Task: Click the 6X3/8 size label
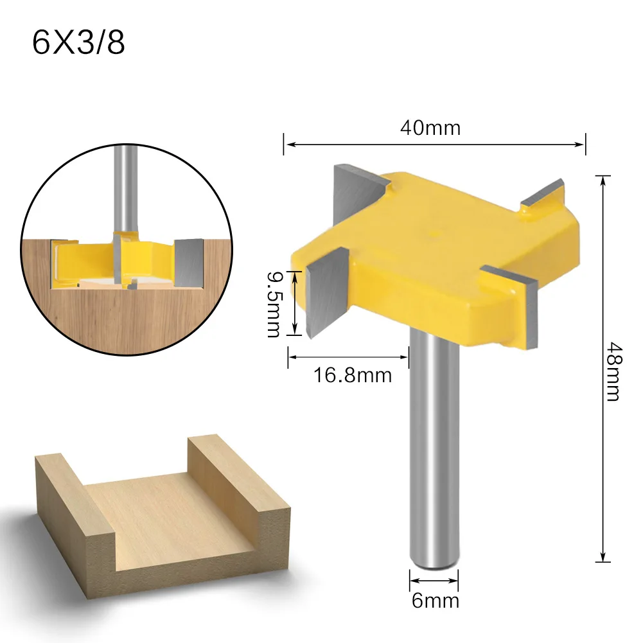(78, 43)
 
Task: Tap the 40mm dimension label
(430, 128)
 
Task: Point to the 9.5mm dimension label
(274, 304)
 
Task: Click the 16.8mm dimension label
(353, 374)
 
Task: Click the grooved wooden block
(161, 514)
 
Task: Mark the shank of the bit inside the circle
(124, 186)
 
